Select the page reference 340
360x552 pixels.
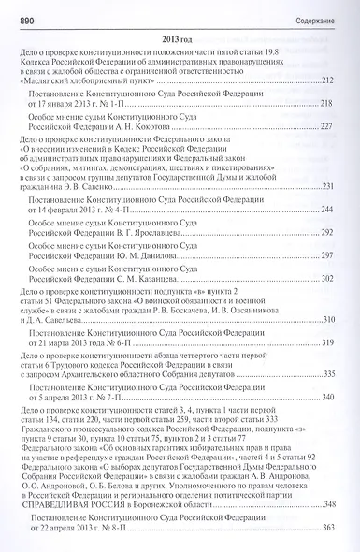(327, 425)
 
